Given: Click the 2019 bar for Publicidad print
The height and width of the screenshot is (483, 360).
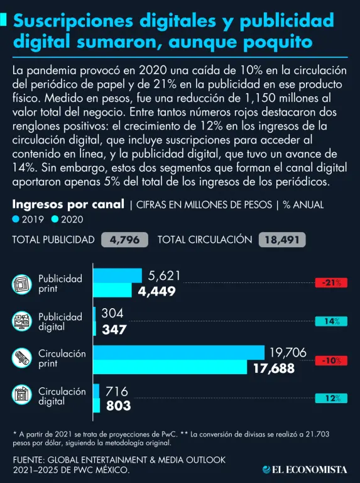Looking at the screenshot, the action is pos(117,275).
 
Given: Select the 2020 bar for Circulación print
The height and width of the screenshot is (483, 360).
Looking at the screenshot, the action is pos(170,367).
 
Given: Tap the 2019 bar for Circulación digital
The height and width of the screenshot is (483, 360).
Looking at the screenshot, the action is pos(96,391).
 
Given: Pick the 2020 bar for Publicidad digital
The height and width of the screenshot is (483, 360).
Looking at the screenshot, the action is pos(95,328).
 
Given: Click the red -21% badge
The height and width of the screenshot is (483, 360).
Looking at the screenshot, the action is pos(331,282).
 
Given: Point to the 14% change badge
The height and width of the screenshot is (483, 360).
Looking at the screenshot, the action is pos(331,321).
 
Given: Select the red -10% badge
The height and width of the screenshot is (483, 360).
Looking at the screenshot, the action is pos(331,360).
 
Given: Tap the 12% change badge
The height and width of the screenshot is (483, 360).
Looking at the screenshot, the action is pos(331,398).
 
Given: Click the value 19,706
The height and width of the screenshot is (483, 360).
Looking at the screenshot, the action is pos(288,352).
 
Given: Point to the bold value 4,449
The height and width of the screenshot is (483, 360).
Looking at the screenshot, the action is pos(156,291).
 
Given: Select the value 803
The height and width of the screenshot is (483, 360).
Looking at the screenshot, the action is pos(119,406).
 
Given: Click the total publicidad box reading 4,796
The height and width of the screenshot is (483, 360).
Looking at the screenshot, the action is pos(124,240).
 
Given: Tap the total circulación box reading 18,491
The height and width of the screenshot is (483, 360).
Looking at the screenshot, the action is pos(282,240).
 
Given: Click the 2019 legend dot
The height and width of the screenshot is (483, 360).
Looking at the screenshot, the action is pos(16,219).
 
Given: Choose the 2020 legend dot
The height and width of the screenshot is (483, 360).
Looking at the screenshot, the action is pos(55,219).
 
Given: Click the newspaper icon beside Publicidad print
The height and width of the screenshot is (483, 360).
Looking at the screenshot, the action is pos(22,284).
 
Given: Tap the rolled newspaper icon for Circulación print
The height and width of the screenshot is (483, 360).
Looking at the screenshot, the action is pos(22,358).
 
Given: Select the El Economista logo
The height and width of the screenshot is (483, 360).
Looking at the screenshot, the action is pos(305,469).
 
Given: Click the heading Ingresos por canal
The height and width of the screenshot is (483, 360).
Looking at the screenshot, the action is pos(68,204).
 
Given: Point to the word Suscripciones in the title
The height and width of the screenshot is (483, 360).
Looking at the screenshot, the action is pos(74,21).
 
